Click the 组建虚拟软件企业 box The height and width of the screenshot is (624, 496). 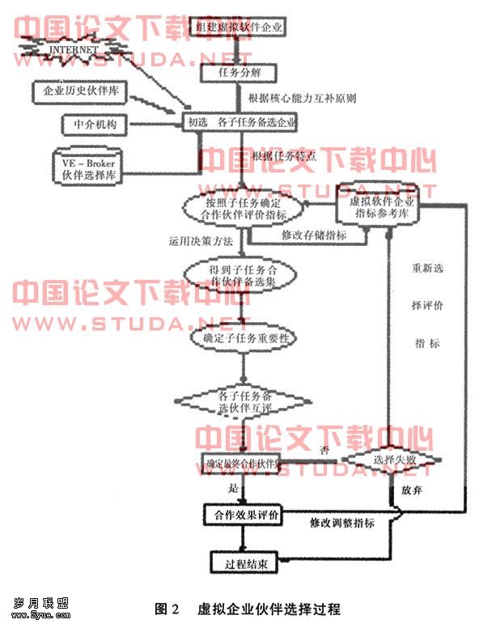tap(240, 28)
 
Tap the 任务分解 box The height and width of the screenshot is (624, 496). tap(240, 72)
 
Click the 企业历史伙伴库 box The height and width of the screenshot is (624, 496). tap(81, 92)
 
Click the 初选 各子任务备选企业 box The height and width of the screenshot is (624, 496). tap(240, 123)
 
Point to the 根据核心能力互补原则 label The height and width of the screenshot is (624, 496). tap(303, 99)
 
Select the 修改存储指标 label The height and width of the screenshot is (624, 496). tap(314, 235)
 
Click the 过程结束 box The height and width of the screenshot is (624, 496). tap(240, 562)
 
